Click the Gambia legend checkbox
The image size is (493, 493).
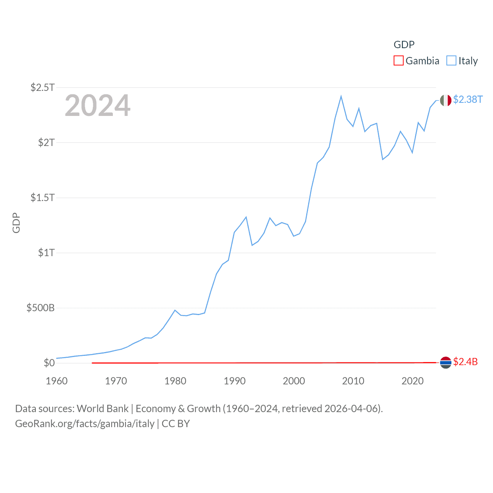[398, 61]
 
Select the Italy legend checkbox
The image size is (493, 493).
[451, 61]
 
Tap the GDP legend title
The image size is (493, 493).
[404, 45]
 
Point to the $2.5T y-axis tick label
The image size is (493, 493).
[42, 87]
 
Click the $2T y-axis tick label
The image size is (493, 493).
[46, 143]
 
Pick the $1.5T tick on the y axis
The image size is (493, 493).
[42, 198]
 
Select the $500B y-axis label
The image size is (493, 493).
[40, 308]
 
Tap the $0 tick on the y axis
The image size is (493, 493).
[49, 363]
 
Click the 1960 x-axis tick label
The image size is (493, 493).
[57, 381]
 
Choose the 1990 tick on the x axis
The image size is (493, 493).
[235, 381]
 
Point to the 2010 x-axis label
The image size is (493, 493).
[353, 381]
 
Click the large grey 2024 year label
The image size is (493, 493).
[97, 106]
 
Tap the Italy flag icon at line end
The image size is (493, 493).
[446, 101]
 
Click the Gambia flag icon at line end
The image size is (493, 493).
[446, 362]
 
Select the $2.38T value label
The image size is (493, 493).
[468, 100]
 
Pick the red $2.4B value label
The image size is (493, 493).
[465, 362]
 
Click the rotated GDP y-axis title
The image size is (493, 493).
[16, 223]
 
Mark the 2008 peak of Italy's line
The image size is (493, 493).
[341, 96]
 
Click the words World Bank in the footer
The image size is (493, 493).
[102, 409]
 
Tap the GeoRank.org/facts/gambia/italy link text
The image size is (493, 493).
[85, 424]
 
